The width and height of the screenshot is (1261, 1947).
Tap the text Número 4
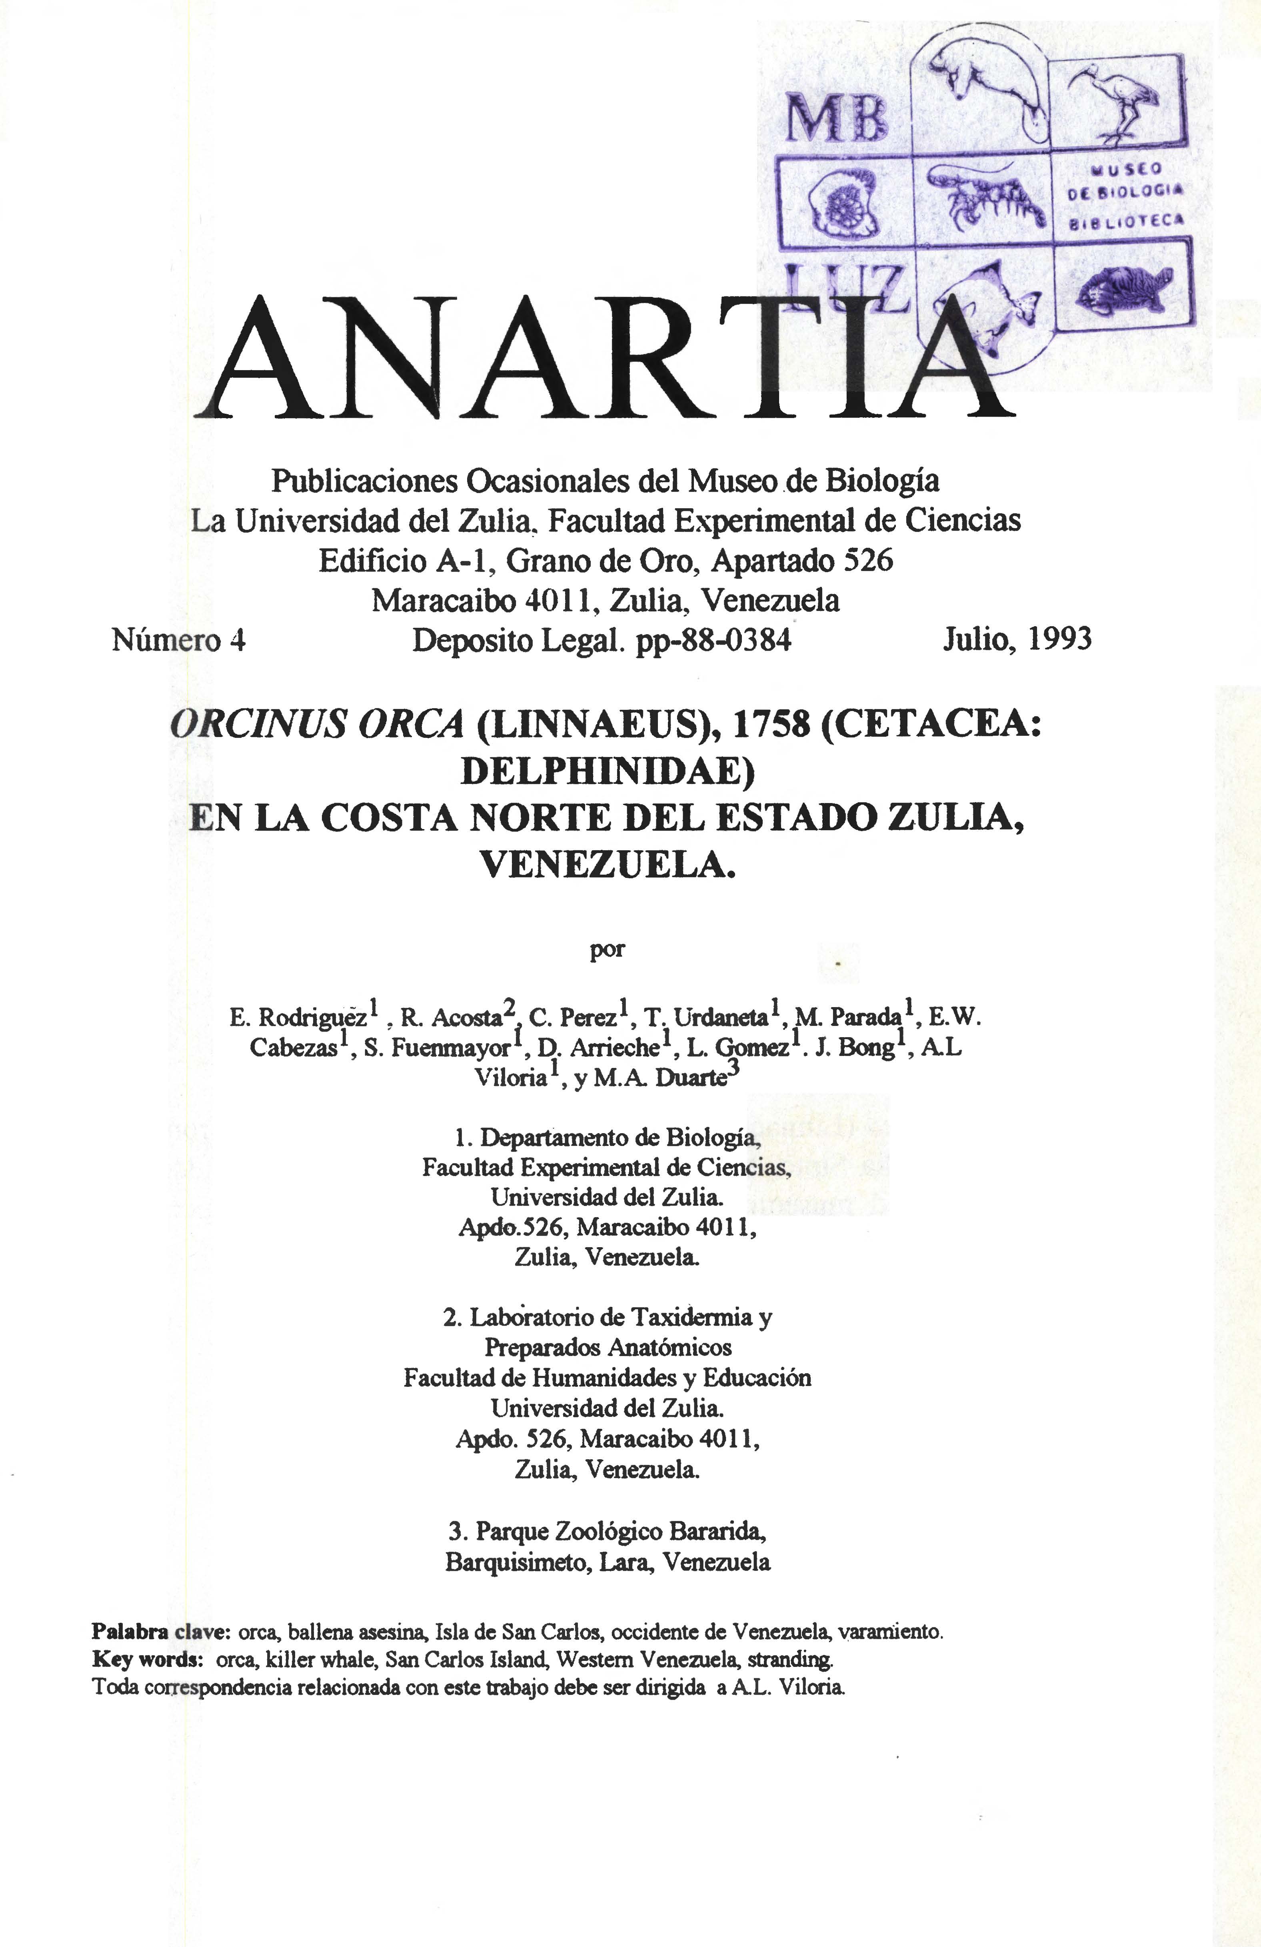(178, 640)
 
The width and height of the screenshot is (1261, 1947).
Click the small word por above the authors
(607, 950)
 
